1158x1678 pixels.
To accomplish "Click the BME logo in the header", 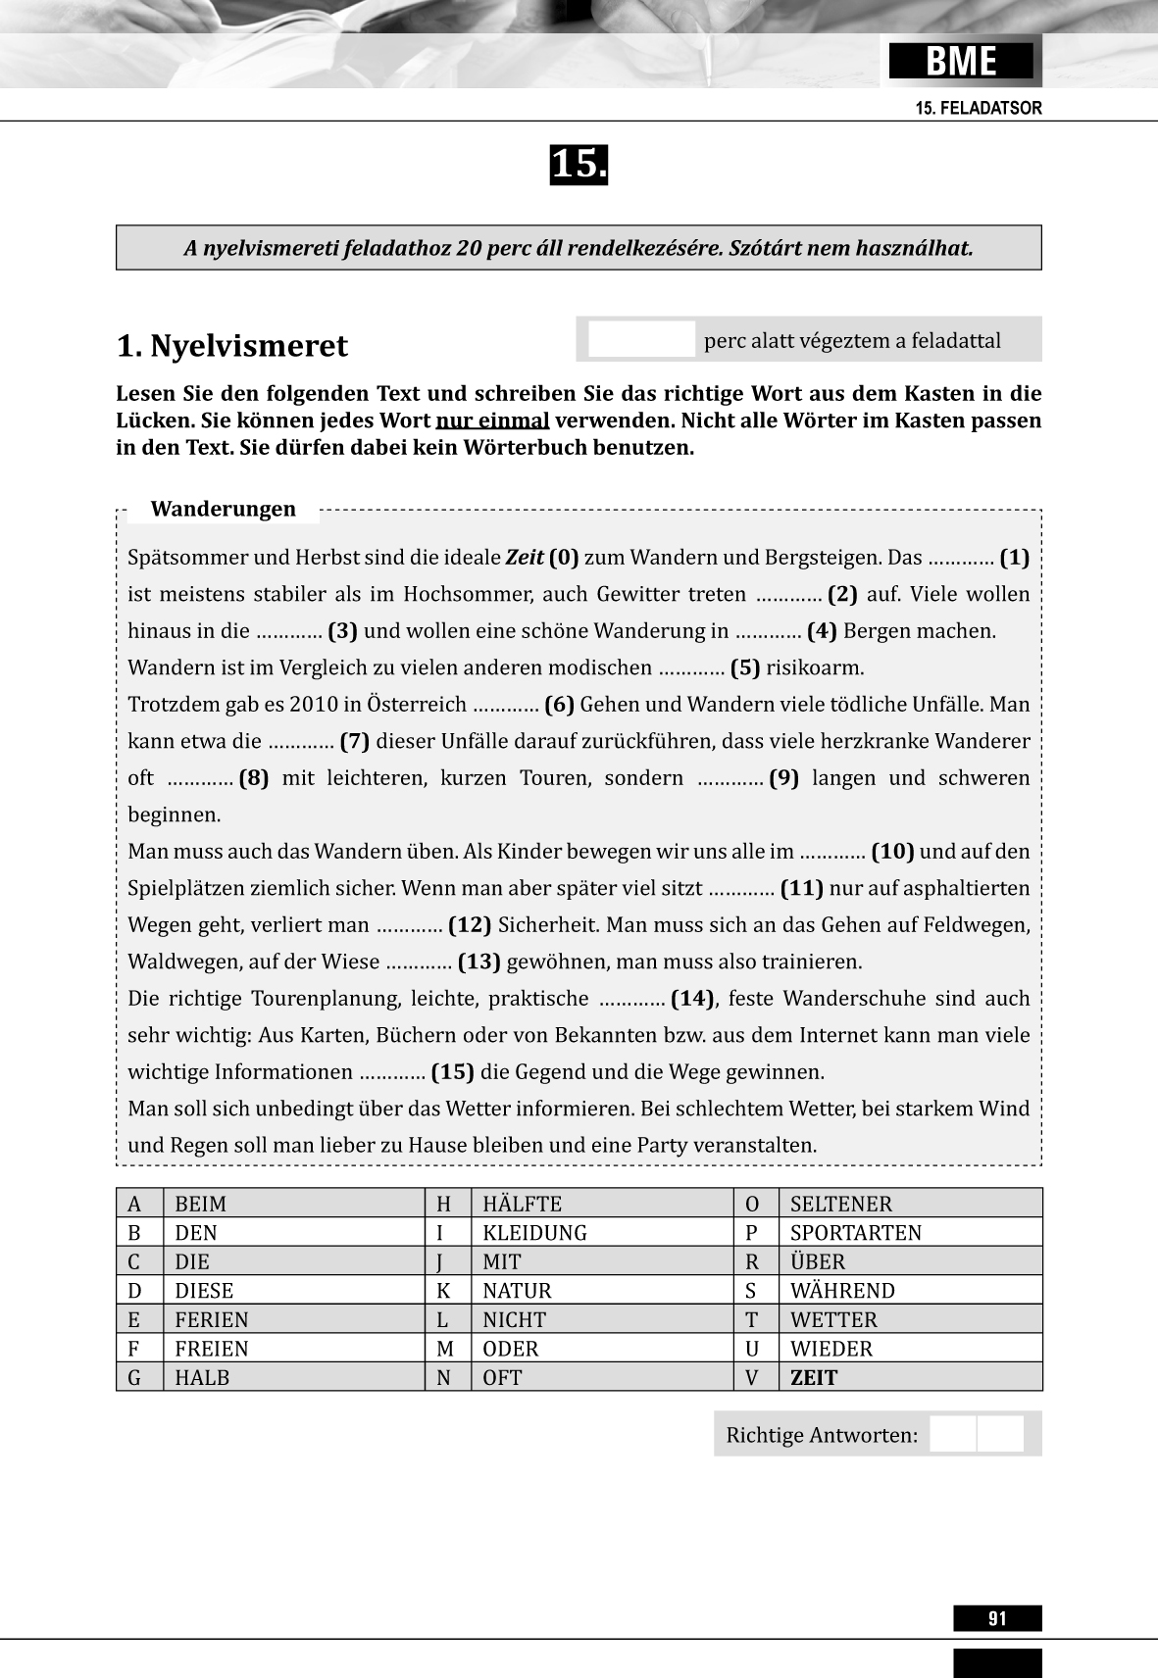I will (961, 62).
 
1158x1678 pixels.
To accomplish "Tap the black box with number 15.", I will (579, 165).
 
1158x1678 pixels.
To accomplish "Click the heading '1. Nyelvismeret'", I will (231, 346).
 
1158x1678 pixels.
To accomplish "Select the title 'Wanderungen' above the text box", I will (223, 509).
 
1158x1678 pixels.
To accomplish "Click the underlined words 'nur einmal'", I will (492, 420).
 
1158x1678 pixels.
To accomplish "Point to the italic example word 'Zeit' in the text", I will (525, 558).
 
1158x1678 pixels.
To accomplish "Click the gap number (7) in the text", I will (354, 741).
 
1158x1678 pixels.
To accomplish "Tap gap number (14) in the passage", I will (693, 998).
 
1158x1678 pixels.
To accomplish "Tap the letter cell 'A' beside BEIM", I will (135, 1204).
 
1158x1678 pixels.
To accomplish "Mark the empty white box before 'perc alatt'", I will (641, 340).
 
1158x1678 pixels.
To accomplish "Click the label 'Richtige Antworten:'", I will (822, 1435).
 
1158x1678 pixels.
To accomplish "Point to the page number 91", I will (997, 1618).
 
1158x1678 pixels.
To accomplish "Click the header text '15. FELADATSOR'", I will (979, 108).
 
